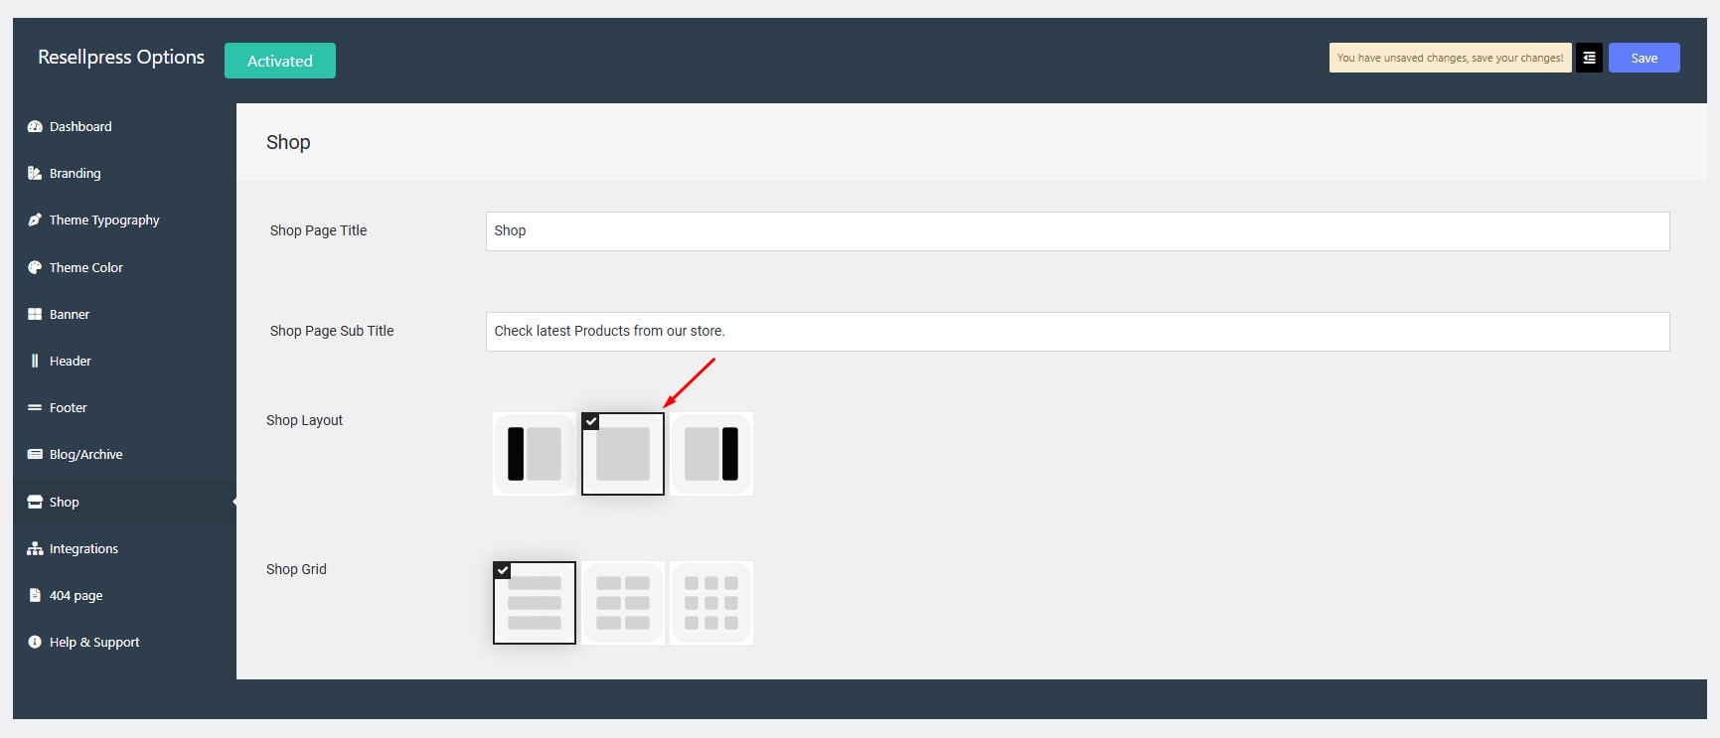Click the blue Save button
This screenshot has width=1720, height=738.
tap(1643, 58)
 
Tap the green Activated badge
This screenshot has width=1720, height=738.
tap(280, 61)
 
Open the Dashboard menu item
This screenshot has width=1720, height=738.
tap(80, 126)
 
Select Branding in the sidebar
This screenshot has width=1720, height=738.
tap(76, 173)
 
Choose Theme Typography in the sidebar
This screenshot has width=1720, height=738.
tap(104, 220)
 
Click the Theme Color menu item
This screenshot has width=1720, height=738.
tap(86, 267)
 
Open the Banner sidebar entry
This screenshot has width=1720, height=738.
tap(70, 314)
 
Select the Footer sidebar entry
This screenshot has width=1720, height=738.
tap(69, 407)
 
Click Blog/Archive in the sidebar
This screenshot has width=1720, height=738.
tap(86, 454)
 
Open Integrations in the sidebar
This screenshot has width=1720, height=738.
tap(83, 548)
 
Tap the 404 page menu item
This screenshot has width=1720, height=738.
tap(77, 595)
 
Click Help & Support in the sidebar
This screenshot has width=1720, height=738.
tap(94, 642)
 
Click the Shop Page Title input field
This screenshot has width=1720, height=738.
tap(1077, 230)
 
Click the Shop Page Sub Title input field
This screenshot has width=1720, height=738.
tap(1077, 331)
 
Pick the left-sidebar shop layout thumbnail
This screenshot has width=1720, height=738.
tap(535, 454)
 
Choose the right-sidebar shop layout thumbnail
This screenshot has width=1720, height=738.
tap(711, 454)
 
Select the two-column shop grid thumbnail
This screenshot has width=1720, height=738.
tap(623, 603)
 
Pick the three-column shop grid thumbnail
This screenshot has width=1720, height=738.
tap(711, 603)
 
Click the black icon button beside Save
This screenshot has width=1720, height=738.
tap(1589, 58)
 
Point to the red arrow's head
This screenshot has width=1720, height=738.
tap(665, 405)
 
